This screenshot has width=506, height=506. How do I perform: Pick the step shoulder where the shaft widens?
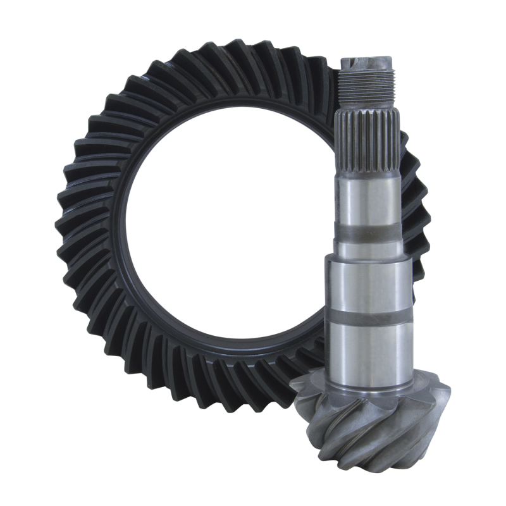click(369, 257)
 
